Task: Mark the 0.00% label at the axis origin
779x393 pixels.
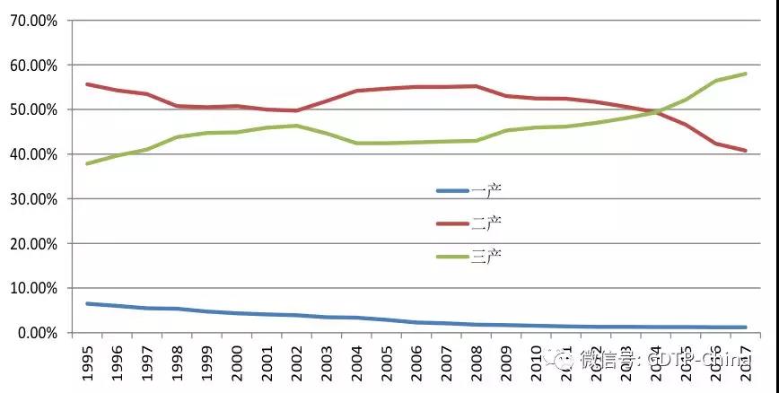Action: pyautogui.click(x=35, y=333)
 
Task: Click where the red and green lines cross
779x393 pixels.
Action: pyautogui.click(x=658, y=111)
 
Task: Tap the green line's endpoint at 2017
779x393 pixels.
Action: pyautogui.click(x=746, y=74)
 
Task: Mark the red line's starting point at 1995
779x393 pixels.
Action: pyautogui.click(x=87, y=84)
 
